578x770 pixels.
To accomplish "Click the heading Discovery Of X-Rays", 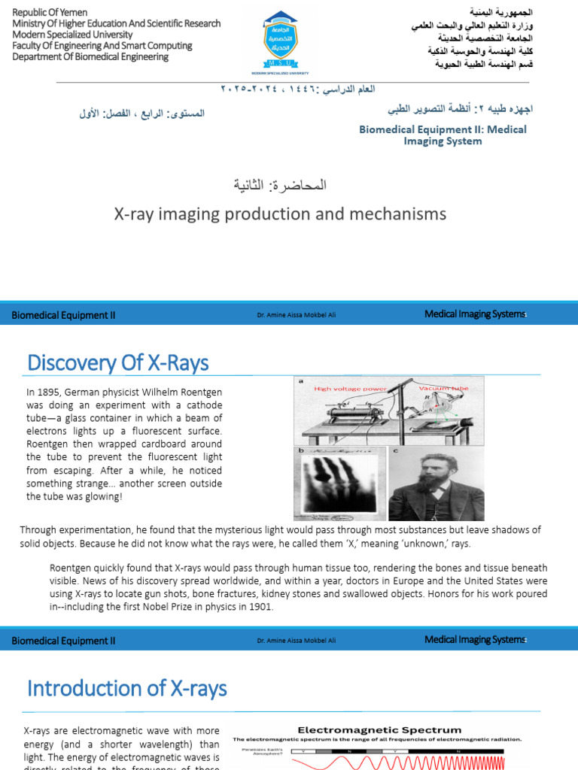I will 118,363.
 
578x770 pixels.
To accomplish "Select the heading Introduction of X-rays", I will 127,688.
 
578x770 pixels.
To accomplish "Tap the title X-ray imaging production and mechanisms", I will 280,214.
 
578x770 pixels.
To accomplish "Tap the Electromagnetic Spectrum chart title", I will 380,729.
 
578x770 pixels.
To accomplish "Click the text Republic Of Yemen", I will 50,13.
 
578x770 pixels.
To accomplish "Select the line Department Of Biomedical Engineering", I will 90,56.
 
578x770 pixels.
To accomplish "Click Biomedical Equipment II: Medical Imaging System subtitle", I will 443,135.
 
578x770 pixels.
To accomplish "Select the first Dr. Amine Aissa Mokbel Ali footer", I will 296,315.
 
